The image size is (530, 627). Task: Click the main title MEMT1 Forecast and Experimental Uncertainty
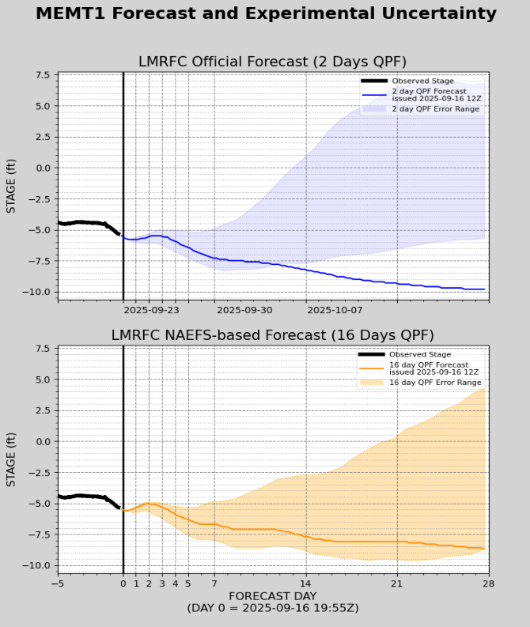point(266,13)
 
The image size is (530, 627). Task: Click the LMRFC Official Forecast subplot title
point(272,62)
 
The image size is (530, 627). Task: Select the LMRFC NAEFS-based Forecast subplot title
point(272,335)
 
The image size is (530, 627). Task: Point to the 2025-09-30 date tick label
point(244,311)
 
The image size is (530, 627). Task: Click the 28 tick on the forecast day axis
point(489,584)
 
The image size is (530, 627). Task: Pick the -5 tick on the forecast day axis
point(58,584)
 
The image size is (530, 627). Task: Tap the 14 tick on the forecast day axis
point(306,584)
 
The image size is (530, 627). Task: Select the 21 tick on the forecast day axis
point(397,584)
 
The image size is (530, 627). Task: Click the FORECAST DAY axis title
point(272,596)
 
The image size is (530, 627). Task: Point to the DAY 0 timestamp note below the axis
point(272,608)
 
